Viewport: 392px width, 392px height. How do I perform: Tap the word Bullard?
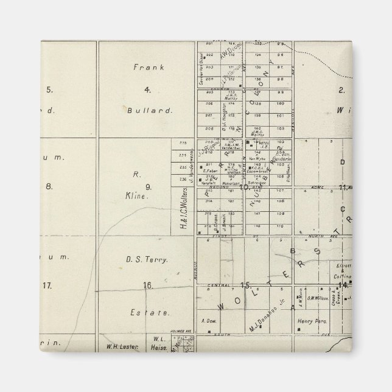[147, 111]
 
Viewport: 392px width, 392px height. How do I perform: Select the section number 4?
[147, 90]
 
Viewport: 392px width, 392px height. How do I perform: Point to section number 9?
[147, 186]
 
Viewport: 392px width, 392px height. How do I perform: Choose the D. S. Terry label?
[147, 259]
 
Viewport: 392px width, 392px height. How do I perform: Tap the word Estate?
[148, 312]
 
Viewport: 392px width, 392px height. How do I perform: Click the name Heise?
[158, 347]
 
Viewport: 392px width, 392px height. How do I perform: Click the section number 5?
[49, 90]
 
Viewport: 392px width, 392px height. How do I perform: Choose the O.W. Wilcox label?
[317, 298]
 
